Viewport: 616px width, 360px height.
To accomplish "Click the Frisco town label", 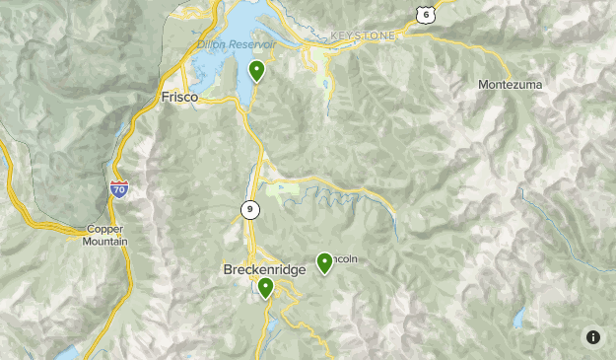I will tap(179, 98).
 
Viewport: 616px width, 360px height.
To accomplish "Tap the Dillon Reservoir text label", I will tap(237, 45).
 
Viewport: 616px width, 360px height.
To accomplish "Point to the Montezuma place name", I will tap(510, 85).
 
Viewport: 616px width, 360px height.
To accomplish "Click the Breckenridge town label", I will tap(264, 269).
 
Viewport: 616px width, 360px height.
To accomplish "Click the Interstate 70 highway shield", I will tap(119, 189).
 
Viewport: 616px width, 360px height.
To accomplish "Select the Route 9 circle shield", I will tap(249, 209).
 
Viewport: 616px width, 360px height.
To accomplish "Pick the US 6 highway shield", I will tap(425, 13).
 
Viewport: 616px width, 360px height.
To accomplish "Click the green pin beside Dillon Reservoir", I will tap(256, 70).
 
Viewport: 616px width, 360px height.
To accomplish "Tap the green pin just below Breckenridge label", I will tap(265, 287).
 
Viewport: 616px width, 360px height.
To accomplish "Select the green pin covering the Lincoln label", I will tap(324, 262).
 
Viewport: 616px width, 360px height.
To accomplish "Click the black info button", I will tap(593, 337).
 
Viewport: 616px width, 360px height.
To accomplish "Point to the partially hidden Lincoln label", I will tap(344, 259).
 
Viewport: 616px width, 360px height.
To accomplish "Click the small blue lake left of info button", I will tap(518, 319).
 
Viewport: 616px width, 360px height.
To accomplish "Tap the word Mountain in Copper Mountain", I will tap(104, 241).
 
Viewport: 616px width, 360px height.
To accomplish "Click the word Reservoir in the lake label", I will tap(252, 45).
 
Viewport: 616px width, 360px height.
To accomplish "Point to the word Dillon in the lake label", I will tap(211, 44).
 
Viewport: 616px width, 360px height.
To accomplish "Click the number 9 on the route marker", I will tap(249, 209).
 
